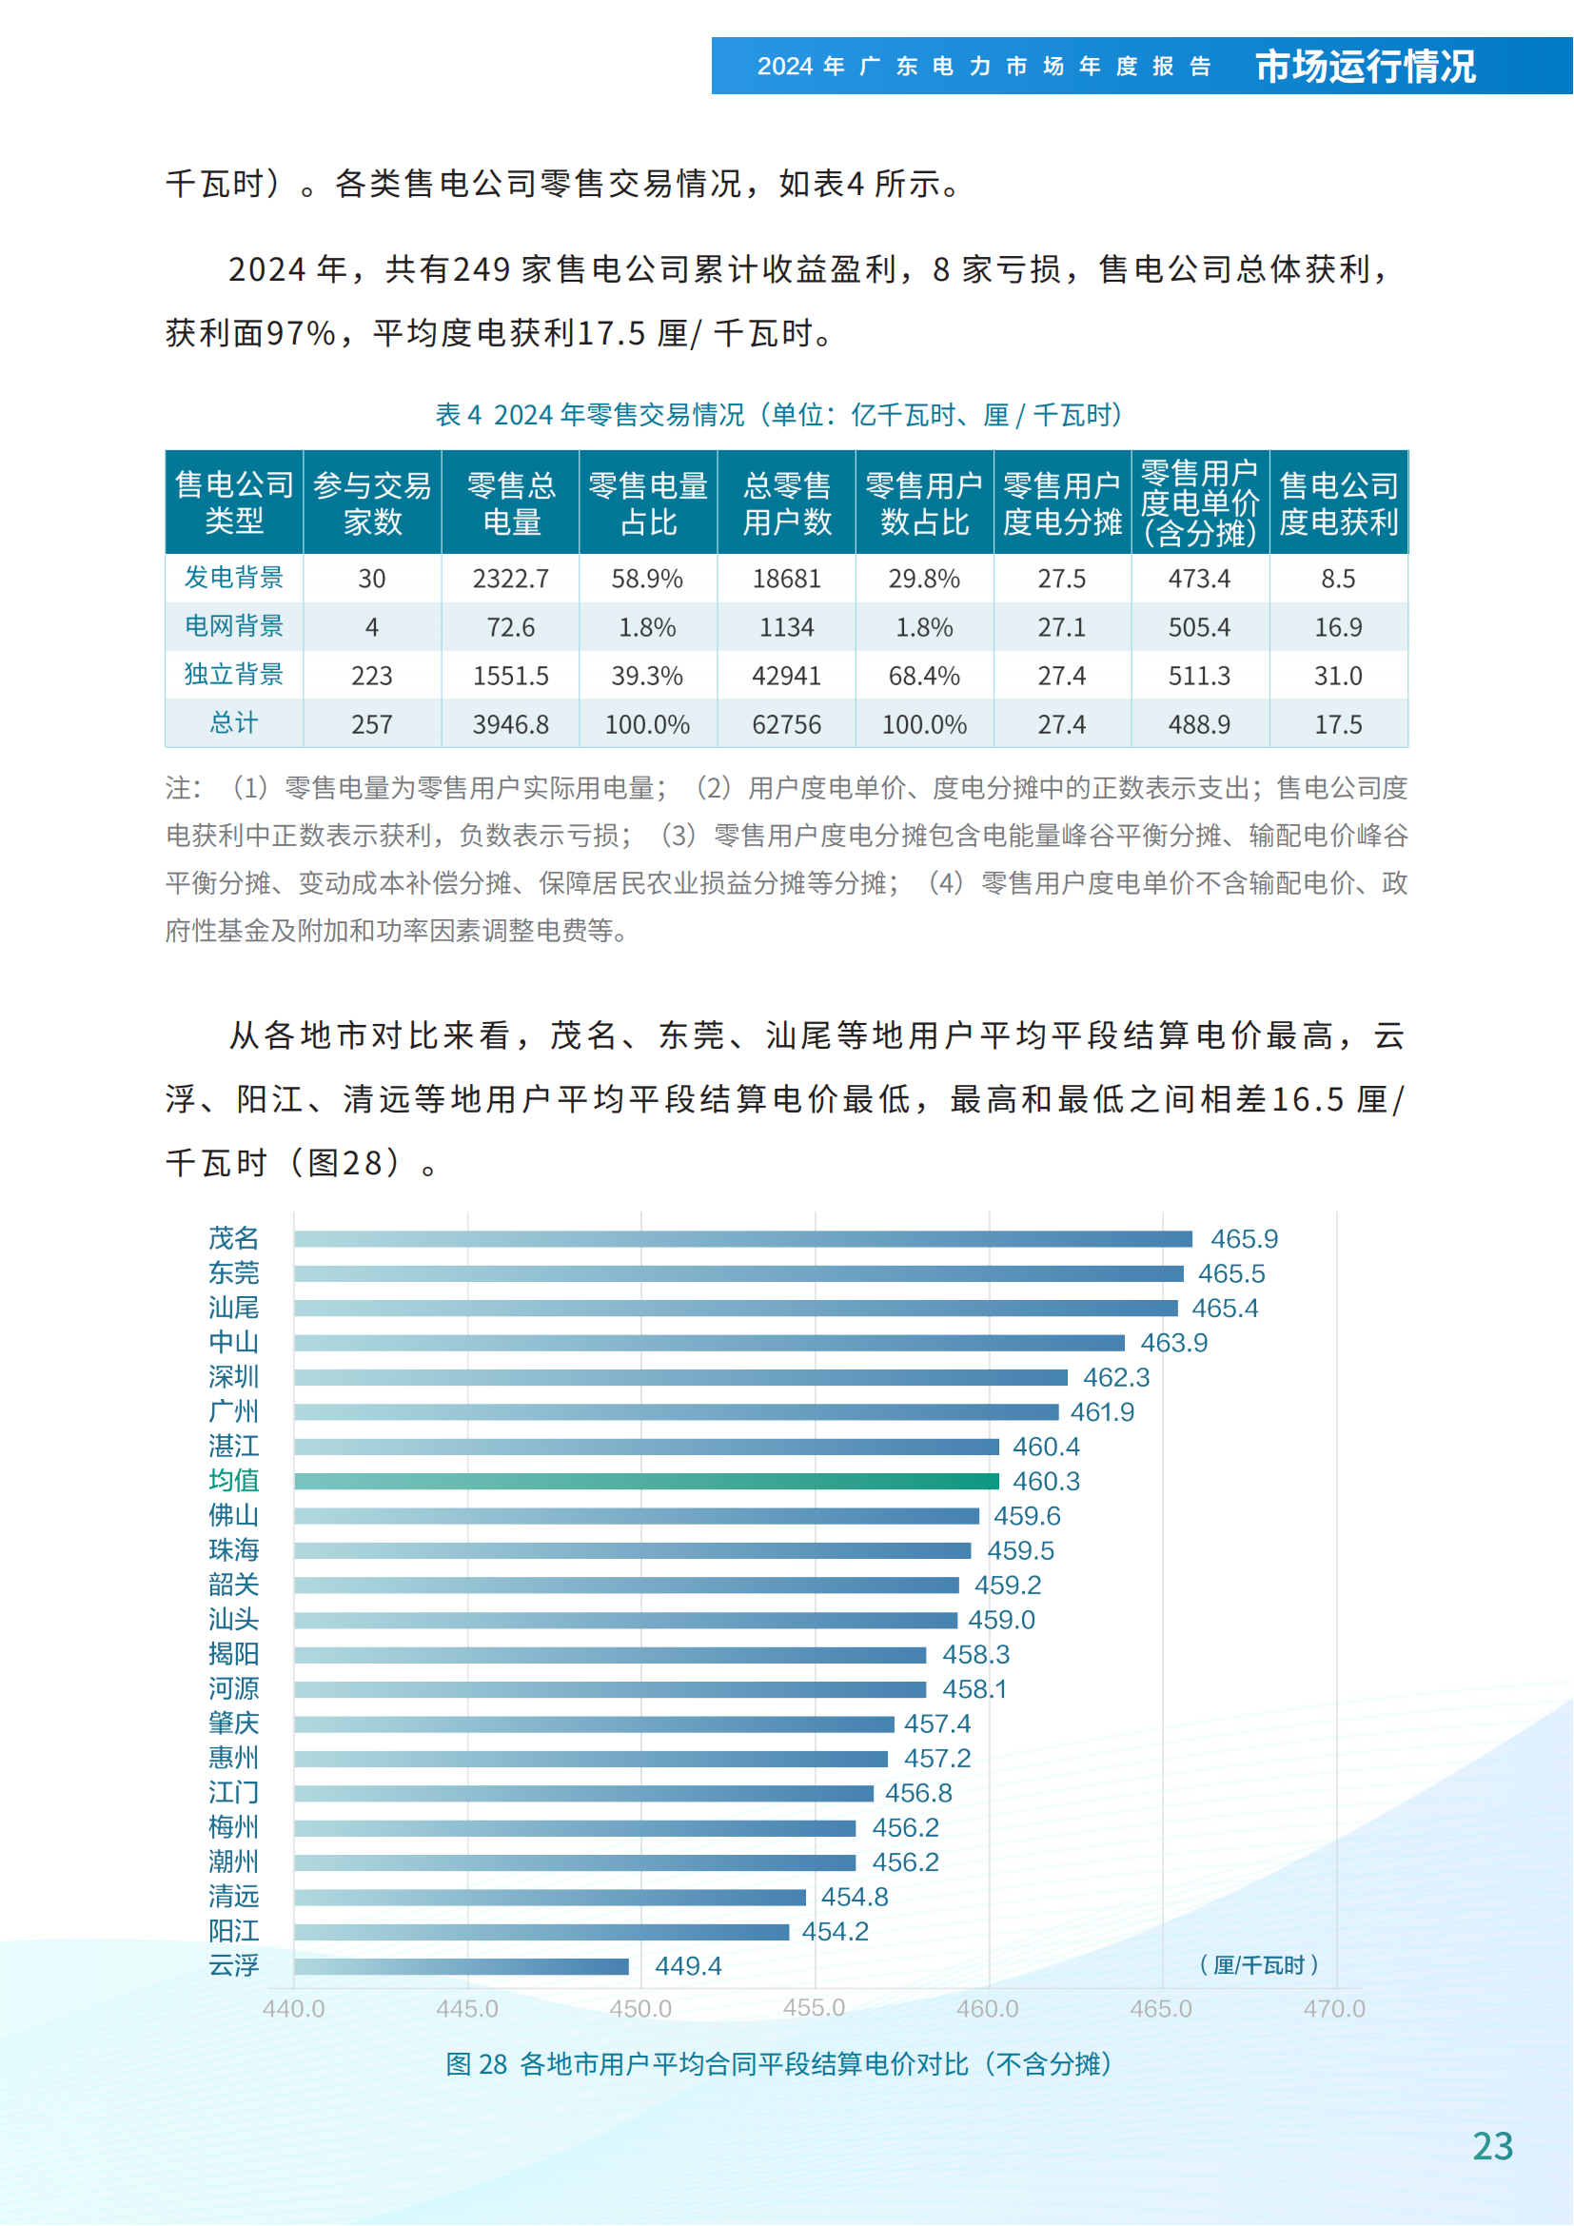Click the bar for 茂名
point(742,1239)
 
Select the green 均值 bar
point(646,1482)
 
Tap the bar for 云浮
point(462,1966)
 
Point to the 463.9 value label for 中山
point(1173,1343)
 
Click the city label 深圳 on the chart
point(233,1377)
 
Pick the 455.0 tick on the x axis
point(815,2008)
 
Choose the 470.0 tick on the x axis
point(1333,2009)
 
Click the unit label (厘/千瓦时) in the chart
point(1259,1965)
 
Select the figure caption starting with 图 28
point(778,2064)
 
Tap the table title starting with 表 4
point(778,415)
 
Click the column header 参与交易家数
point(372,503)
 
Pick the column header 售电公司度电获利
point(1339,503)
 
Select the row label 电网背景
point(233,626)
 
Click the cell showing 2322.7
point(511,579)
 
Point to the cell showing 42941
point(786,676)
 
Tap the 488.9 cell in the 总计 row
point(1199,724)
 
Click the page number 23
point(1492,2146)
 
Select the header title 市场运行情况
point(1365,67)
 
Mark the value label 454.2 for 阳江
point(835,1931)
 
